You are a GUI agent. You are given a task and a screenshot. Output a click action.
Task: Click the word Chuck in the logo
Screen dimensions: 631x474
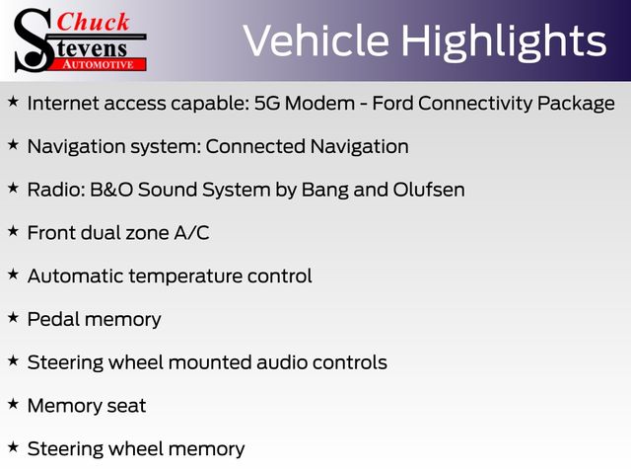point(93,22)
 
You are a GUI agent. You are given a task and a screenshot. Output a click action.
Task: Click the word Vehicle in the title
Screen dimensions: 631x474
point(316,40)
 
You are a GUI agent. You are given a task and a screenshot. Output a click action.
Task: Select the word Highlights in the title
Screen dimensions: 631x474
point(504,42)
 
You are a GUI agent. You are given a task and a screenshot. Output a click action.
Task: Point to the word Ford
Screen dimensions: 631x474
point(392,103)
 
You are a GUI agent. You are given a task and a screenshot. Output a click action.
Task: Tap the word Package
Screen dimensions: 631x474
point(576,104)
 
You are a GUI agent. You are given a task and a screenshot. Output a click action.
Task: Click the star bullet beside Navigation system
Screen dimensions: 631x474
point(13,144)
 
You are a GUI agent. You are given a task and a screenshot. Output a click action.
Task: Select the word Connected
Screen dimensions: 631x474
point(255,146)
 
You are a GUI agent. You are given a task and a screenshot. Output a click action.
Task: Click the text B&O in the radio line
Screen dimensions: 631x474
point(111,190)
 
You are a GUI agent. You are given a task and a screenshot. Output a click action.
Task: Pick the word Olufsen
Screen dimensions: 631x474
point(429,190)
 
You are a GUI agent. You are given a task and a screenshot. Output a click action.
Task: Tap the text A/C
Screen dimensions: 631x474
point(191,233)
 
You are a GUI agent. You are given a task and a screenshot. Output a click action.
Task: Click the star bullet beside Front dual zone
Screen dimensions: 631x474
point(13,231)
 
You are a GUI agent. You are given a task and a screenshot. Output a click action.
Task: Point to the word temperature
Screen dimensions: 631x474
point(185,276)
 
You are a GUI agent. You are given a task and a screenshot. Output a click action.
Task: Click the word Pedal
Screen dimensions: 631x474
point(53,319)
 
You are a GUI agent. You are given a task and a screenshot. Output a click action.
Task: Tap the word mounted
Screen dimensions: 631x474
point(210,362)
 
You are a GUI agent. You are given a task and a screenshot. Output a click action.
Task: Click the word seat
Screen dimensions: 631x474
point(126,406)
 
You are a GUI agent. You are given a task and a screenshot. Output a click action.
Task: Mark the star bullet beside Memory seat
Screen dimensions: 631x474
point(13,404)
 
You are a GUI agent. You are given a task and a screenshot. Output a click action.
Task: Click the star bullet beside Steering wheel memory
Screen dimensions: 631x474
point(13,446)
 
